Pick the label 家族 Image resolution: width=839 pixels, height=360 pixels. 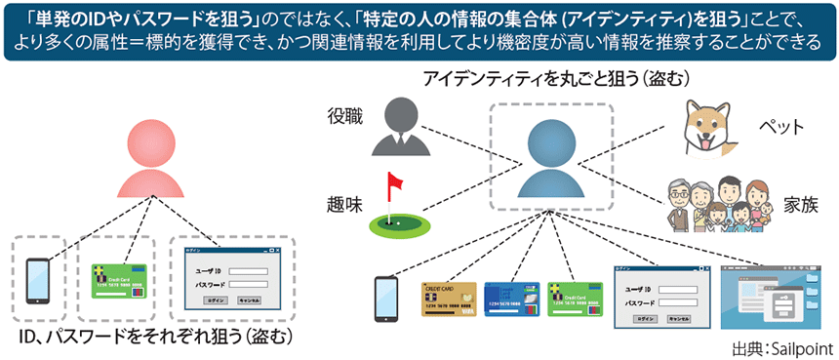tap(799, 206)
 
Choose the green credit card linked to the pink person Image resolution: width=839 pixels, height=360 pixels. tap(118, 280)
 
